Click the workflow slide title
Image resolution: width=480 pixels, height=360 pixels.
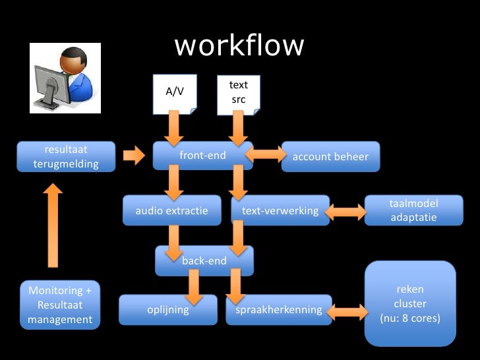[x=239, y=46]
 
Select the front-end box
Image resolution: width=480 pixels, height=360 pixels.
[x=202, y=156]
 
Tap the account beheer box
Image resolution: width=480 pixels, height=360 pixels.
[x=330, y=157]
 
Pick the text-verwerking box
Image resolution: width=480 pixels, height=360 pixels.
[x=280, y=211]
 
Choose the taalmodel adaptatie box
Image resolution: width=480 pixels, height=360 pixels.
[x=413, y=210]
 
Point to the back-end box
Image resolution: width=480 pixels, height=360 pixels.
[x=204, y=261]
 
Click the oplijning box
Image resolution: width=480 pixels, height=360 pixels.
[x=167, y=310]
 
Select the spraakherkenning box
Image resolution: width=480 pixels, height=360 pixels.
[x=278, y=310]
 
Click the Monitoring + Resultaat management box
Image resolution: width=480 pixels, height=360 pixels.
[x=60, y=305]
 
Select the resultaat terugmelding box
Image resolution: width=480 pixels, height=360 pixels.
[x=66, y=157]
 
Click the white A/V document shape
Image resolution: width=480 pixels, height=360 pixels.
[x=175, y=93]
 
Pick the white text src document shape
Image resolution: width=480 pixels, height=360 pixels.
[x=239, y=93]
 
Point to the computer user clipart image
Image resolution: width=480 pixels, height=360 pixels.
[x=65, y=78]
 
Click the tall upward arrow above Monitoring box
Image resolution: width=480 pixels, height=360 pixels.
[x=52, y=224]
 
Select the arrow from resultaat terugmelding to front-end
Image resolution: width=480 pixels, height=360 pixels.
[x=134, y=156]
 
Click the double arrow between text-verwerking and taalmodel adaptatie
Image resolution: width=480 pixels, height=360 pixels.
[x=345, y=212]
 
